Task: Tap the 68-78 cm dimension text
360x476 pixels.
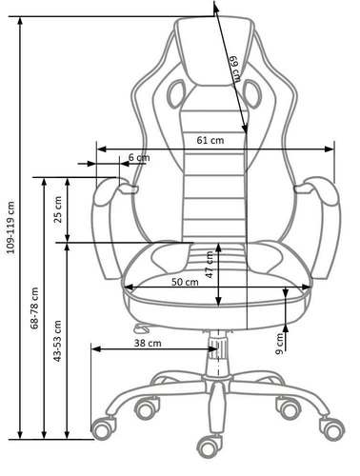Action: [34, 310]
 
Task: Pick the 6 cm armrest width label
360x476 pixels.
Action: [138, 157]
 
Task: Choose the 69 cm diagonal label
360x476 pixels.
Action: [233, 69]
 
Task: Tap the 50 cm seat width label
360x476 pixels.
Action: [185, 282]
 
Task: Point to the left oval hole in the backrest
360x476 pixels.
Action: [177, 92]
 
